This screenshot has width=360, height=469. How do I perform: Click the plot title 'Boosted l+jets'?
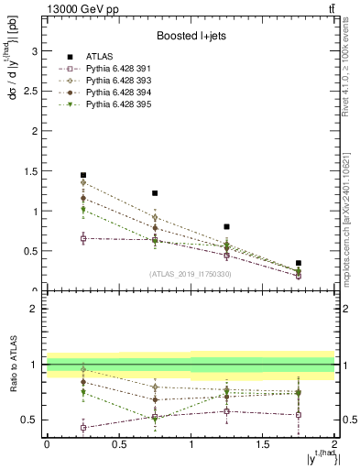tap(191, 36)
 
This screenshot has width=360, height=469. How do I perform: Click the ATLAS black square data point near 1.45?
tap(82, 175)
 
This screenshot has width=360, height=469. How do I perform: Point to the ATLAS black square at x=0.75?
tap(155, 193)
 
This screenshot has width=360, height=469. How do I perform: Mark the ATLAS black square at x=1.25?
tap(226, 226)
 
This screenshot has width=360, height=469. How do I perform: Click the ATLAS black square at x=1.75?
tap(299, 263)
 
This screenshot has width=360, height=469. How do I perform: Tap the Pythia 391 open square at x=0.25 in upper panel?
tap(82, 238)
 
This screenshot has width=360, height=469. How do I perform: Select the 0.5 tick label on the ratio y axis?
tap(33, 420)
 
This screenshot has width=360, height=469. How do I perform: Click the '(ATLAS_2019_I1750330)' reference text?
tap(191, 274)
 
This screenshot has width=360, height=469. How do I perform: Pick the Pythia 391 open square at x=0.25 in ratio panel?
tap(82, 428)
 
